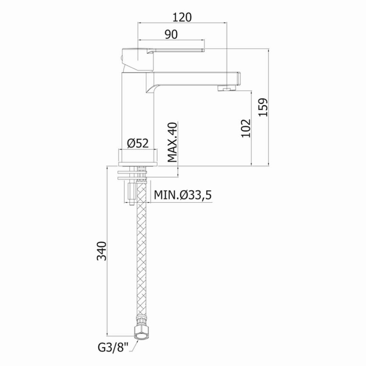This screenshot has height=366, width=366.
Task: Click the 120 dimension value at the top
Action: click(182, 17)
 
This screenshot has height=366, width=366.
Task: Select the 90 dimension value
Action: click(171, 35)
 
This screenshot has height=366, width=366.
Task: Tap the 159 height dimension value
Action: click(263, 107)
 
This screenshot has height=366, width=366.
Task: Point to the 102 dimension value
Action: click(246, 128)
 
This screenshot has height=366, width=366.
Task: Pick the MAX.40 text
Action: click(173, 142)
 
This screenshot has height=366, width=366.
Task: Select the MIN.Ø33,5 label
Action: click(183, 195)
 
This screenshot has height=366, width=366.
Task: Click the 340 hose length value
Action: click(102, 251)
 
